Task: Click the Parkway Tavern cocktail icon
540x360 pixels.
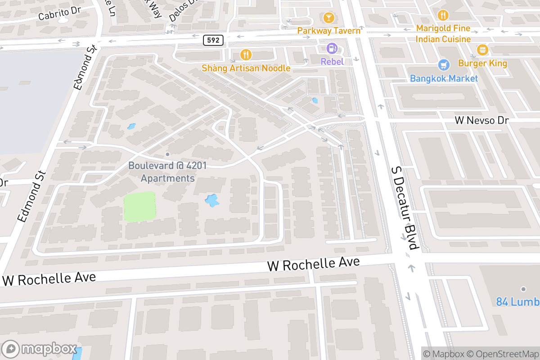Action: [x=328, y=18]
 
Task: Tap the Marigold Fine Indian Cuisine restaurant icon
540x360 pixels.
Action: [x=443, y=15]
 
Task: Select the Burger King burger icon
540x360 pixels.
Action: [x=482, y=49]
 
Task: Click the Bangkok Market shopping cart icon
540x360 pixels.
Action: [x=444, y=65]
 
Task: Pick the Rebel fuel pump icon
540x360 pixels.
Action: [x=332, y=48]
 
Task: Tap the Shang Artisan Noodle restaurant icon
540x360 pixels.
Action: [x=246, y=55]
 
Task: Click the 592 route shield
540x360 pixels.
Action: [x=213, y=40]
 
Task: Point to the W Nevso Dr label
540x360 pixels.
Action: [x=481, y=120]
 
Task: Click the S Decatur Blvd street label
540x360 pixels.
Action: [x=404, y=207]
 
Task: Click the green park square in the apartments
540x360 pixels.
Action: [x=139, y=207]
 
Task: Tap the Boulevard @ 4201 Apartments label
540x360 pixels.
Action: [x=167, y=172]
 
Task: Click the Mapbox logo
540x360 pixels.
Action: [x=40, y=349]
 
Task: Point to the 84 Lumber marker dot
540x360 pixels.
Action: [x=523, y=289]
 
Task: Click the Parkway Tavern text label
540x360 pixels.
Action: [x=328, y=31]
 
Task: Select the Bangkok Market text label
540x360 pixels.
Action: [x=444, y=78]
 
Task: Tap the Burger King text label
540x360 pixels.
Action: [x=482, y=63]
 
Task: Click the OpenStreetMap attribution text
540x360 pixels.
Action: [x=502, y=354]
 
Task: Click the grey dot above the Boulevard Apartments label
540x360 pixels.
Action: [x=167, y=154]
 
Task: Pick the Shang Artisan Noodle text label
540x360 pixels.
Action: [x=246, y=68]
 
